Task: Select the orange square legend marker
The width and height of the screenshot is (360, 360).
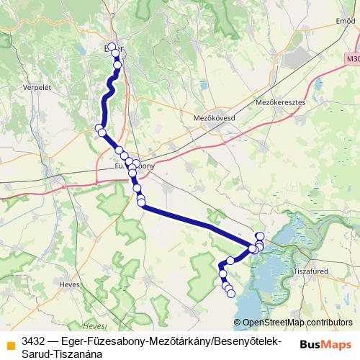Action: click(x=9, y=341)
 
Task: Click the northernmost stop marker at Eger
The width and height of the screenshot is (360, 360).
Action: click(x=112, y=48)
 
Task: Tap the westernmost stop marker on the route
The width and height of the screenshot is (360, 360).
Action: click(x=99, y=128)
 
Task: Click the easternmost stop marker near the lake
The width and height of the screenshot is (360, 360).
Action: click(x=261, y=236)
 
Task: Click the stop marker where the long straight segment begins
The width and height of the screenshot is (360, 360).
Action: click(x=142, y=206)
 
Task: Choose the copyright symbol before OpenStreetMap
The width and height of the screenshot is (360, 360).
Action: click(x=238, y=323)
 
